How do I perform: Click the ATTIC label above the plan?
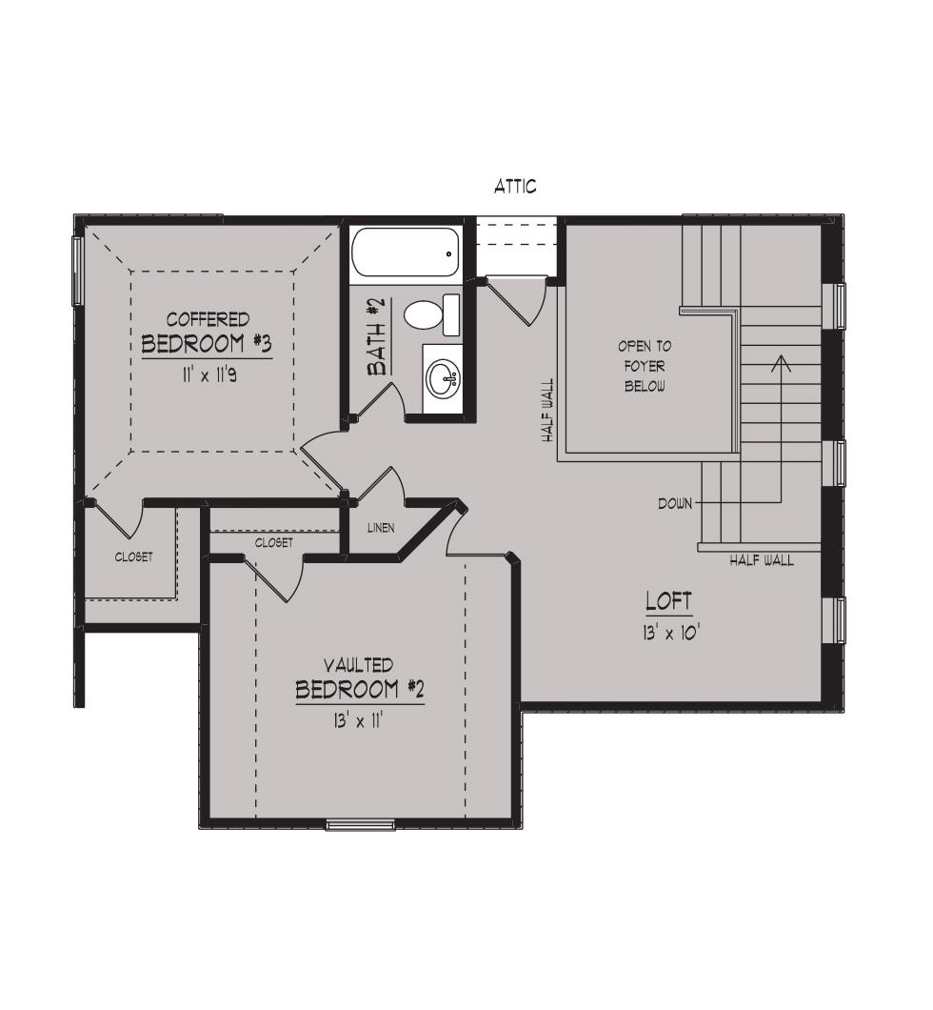point(515,187)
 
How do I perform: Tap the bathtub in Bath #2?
point(406,253)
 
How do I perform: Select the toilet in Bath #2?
point(432,315)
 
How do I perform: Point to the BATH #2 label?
point(377,336)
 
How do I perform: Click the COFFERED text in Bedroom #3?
point(208,319)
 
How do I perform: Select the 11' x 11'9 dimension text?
point(208,374)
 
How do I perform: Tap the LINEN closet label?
point(381,528)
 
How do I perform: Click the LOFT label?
point(669,601)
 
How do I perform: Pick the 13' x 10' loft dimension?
point(670,634)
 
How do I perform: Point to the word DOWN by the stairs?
point(675,504)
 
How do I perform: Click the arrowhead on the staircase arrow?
point(782,363)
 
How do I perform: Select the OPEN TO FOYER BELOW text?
point(645,366)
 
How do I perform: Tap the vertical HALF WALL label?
point(547,410)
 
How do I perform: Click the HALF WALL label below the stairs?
point(762,560)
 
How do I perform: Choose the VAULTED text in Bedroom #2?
point(358,665)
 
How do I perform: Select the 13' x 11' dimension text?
point(358,720)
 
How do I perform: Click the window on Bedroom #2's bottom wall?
point(360,824)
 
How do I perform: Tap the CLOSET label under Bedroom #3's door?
point(134,556)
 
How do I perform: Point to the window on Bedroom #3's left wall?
point(76,271)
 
